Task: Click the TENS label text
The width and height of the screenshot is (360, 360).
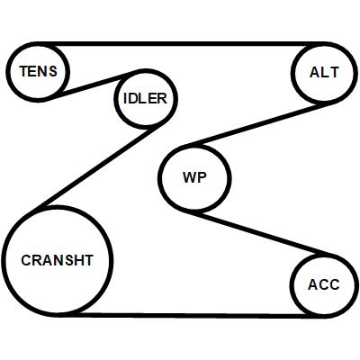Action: [38, 71]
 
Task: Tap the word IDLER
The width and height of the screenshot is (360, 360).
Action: [145, 98]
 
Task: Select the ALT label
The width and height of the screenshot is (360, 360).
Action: [324, 72]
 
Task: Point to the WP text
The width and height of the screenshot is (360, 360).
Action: [194, 177]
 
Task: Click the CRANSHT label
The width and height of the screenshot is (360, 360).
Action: [57, 260]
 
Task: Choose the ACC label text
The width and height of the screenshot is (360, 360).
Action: [324, 284]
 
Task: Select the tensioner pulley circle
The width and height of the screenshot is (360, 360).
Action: [8, 72]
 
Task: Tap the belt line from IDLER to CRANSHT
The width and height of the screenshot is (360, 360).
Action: [96, 166]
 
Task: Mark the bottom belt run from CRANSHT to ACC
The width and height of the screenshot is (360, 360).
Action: [192, 316]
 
